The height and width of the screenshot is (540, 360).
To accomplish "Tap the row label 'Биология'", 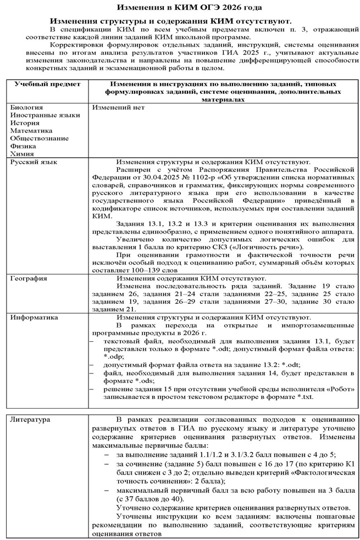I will point(26,108).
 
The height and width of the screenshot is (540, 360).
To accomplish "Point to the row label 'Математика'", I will point(32,131).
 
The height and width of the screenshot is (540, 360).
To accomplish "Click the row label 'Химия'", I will point(23,154).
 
